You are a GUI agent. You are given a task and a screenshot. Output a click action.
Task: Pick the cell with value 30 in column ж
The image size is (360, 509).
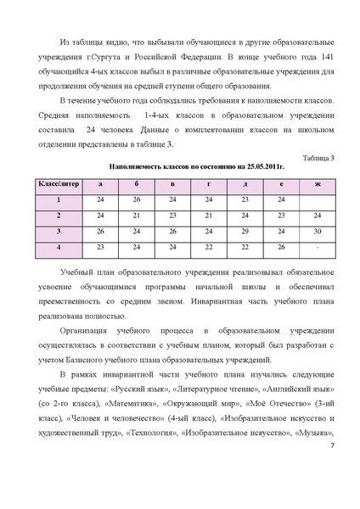click(317, 231)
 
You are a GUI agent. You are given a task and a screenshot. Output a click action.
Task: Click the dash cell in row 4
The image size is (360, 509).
click(317, 247)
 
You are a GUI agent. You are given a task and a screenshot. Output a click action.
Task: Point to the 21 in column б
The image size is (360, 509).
click(137, 215)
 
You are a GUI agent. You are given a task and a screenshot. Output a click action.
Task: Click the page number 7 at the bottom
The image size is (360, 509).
click(332, 484)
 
